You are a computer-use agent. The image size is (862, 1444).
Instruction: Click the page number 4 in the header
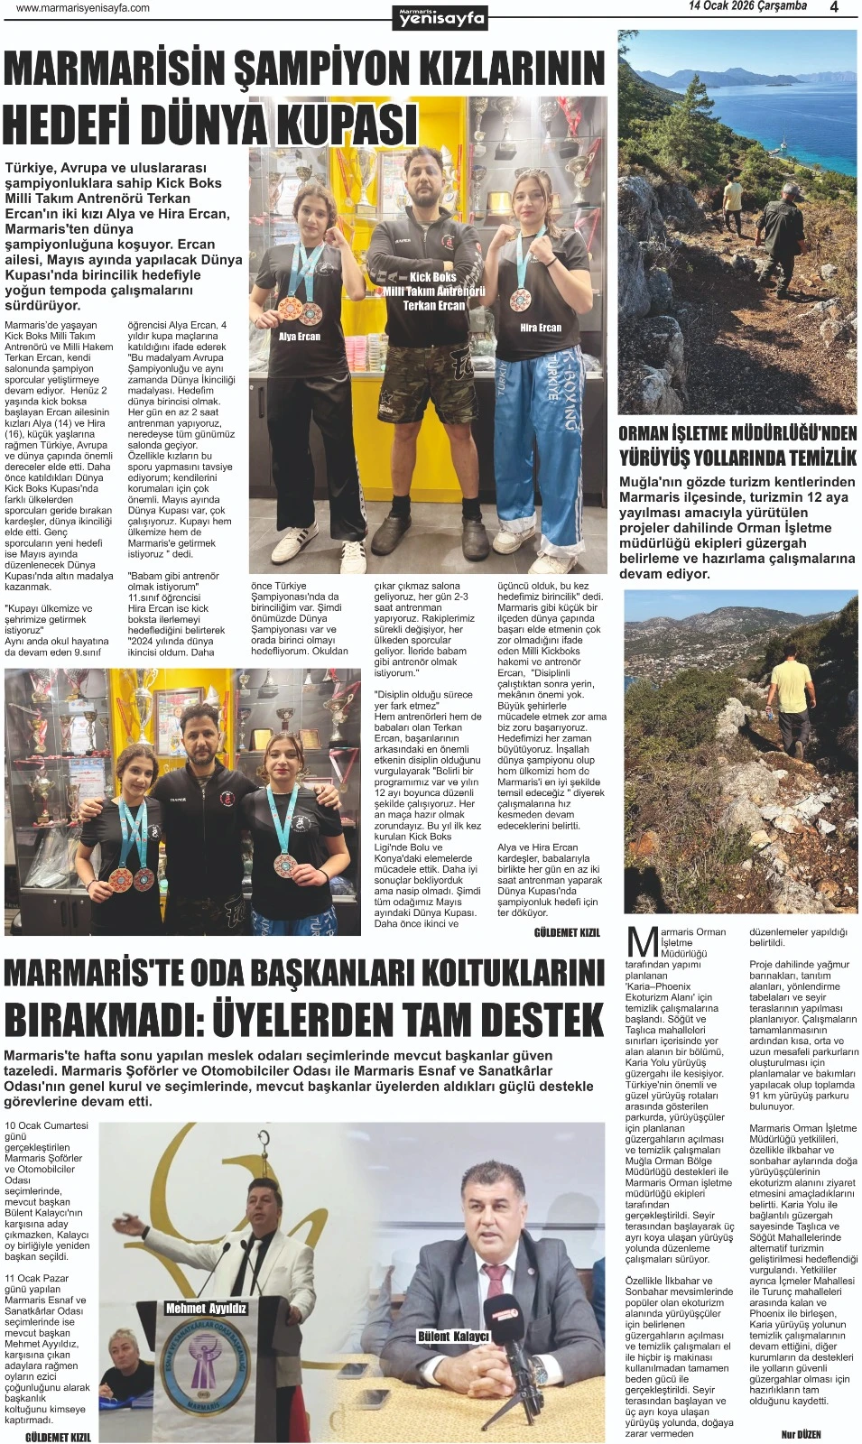(834, 7)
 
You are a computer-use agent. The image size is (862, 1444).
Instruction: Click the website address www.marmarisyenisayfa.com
(83, 8)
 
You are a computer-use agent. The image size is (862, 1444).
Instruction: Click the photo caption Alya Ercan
(300, 337)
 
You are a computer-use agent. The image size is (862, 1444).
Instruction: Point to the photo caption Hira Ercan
(541, 328)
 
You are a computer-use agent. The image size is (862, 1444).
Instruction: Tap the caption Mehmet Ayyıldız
(206, 1308)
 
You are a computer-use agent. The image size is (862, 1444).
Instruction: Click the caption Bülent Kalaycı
(453, 1336)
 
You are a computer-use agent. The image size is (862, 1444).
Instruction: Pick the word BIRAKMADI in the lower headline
(97, 1019)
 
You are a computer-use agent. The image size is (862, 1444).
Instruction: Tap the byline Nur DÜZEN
(801, 1434)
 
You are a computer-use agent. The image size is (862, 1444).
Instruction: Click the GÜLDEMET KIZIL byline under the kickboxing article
(567, 932)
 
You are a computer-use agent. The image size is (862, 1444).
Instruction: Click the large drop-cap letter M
(642, 941)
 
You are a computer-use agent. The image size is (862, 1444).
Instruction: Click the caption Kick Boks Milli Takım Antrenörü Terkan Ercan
(433, 291)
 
